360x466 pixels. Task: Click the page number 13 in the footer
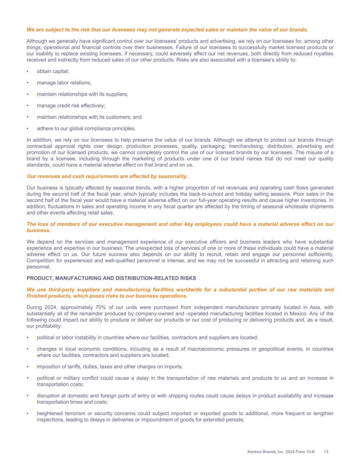(326, 452)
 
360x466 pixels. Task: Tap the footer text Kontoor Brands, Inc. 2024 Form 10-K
(281, 452)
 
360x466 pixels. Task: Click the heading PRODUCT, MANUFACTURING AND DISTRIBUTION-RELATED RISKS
(111, 278)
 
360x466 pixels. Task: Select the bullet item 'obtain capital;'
(53, 71)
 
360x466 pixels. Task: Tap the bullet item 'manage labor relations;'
(64, 83)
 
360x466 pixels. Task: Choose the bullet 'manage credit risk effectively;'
(71, 105)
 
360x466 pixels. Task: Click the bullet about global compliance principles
(86, 128)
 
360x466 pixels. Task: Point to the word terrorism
(74, 413)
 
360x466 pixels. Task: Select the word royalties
(323, 54)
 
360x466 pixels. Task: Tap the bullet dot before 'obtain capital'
(28, 71)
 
